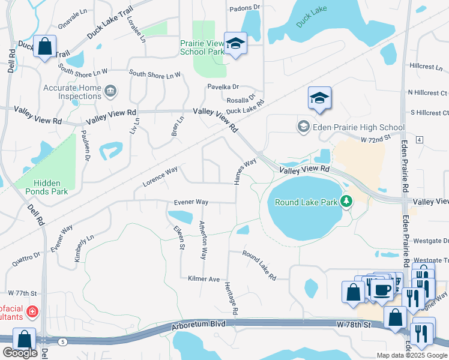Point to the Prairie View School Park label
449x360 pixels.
[202, 47]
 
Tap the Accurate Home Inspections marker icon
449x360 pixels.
[110, 91]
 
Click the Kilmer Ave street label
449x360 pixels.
[204, 279]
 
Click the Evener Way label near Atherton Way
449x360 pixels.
[191, 202]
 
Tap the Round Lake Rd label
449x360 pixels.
[259, 265]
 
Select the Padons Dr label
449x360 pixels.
[245, 7]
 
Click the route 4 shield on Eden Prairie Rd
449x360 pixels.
[419, 140]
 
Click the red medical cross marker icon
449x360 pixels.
[31, 312]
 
